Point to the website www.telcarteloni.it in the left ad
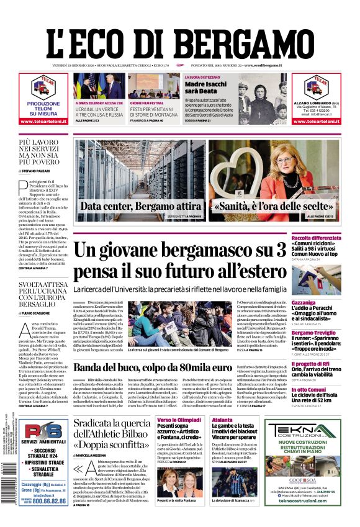44,121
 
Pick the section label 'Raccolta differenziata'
314,238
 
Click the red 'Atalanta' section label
222,420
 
